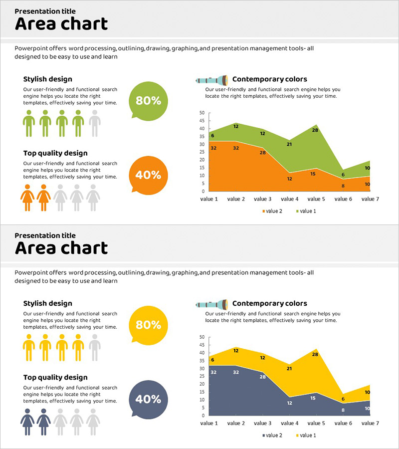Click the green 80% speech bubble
(x=148, y=100)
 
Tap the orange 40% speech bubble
(x=148, y=175)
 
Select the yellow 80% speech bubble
(x=148, y=325)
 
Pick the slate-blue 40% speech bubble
(x=148, y=399)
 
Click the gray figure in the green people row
(x=94, y=123)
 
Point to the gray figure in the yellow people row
(x=94, y=347)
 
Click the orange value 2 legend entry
(x=272, y=211)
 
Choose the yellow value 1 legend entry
(x=306, y=436)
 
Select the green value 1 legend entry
(x=306, y=211)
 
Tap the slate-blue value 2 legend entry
(x=272, y=436)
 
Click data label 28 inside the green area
(x=315, y=130)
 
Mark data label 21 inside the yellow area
(x=289, y=369)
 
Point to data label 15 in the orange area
(x=313, y=174)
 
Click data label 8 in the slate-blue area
(x=343, y=410)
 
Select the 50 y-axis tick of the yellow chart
(x=201, y=337)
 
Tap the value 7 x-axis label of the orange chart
(x=370, y=199)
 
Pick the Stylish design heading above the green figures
(x=47, y=79)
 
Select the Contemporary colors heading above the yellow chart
(x=269, y=303)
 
